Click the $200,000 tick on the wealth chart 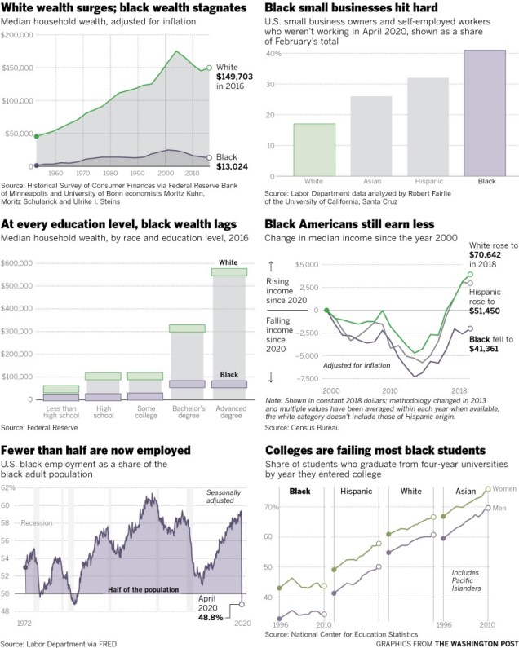pos(17,36)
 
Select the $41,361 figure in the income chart pos(489,348)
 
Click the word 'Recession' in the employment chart pos(38,522)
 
